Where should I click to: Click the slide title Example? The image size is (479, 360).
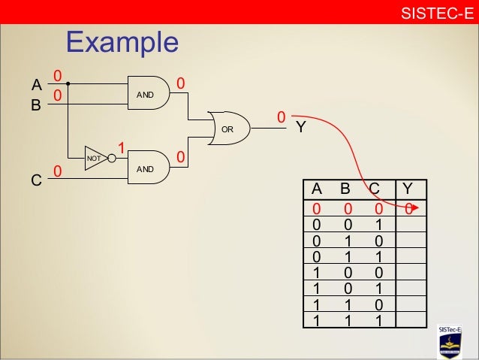(122, 43)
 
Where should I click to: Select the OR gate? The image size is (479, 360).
(227, 130)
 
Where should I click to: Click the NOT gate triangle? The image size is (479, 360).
(95, 158)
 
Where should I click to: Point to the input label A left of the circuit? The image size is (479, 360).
(36, 84)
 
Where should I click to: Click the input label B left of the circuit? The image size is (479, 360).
(35, 105)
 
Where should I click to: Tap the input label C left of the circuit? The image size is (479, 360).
(35, 181)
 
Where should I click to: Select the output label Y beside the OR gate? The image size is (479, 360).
(300, 128)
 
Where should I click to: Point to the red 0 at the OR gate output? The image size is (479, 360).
(281, 117)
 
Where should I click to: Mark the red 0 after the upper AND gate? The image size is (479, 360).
(180, 81)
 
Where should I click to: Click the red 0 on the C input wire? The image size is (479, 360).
(56, 173)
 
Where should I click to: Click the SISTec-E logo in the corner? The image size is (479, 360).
(455, 341)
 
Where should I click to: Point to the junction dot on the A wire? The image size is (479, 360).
(68, 83)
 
